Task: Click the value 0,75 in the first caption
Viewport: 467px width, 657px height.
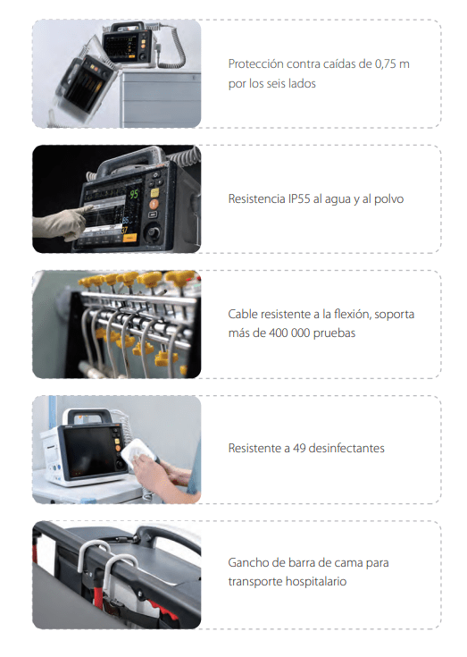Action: (x=385, y=64)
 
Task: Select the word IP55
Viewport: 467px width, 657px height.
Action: (x=299, y=198)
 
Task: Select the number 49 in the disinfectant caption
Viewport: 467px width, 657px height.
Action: (x=299, y=449)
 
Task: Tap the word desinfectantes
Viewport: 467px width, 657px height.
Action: (x=346, y=449)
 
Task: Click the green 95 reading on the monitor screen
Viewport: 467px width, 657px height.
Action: (x=134, y=194)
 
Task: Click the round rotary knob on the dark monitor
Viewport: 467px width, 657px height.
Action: (x=153, y=232)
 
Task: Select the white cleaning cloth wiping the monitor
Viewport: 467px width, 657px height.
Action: (x=135, y=451)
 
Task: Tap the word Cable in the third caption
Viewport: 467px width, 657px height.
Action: (x=242, y=315)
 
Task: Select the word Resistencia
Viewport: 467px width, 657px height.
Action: (x=256, y=198)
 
